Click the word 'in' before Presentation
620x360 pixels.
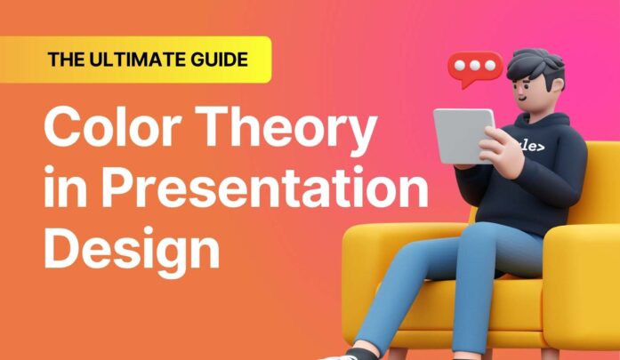[x=63, y=188]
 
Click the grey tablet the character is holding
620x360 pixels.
[x=463, y=135]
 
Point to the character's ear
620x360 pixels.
[x=560, y=88]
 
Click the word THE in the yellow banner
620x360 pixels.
[x=68, y=60]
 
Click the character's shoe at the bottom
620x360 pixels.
[x=342, y=355]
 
